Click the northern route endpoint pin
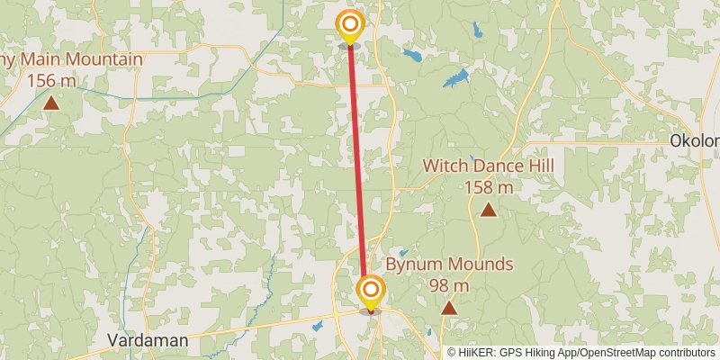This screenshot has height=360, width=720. click(x=349, y=25)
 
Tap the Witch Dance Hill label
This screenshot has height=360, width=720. click(x=488, y=166)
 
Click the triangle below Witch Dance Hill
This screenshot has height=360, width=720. click(x=488, y=210)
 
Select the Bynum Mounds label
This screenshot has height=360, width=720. click(x=449, y=265)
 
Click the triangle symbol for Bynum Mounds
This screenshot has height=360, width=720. click(x=448, y=308)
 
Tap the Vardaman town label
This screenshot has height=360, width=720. click(x=148, y=340)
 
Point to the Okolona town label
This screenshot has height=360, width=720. click(x=696, y=141)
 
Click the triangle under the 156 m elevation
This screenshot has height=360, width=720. click(x=51, y=102)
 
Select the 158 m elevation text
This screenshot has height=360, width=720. click(x=488, y=187)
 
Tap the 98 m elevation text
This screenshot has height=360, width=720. click(x=449, y=285)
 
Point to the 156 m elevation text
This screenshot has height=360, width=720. click(x=51, y=80)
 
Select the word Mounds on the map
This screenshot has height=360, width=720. click(x=481, y=265)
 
